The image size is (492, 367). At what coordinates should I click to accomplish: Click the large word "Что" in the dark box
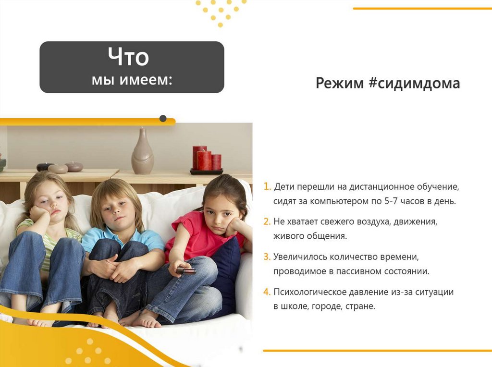128,58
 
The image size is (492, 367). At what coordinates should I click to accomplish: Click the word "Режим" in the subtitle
339,83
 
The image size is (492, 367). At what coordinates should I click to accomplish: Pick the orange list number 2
267,222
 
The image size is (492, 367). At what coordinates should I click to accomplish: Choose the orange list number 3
267,257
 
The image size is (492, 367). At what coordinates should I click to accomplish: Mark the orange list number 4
267,292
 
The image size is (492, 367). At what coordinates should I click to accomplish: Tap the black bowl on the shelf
45,167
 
